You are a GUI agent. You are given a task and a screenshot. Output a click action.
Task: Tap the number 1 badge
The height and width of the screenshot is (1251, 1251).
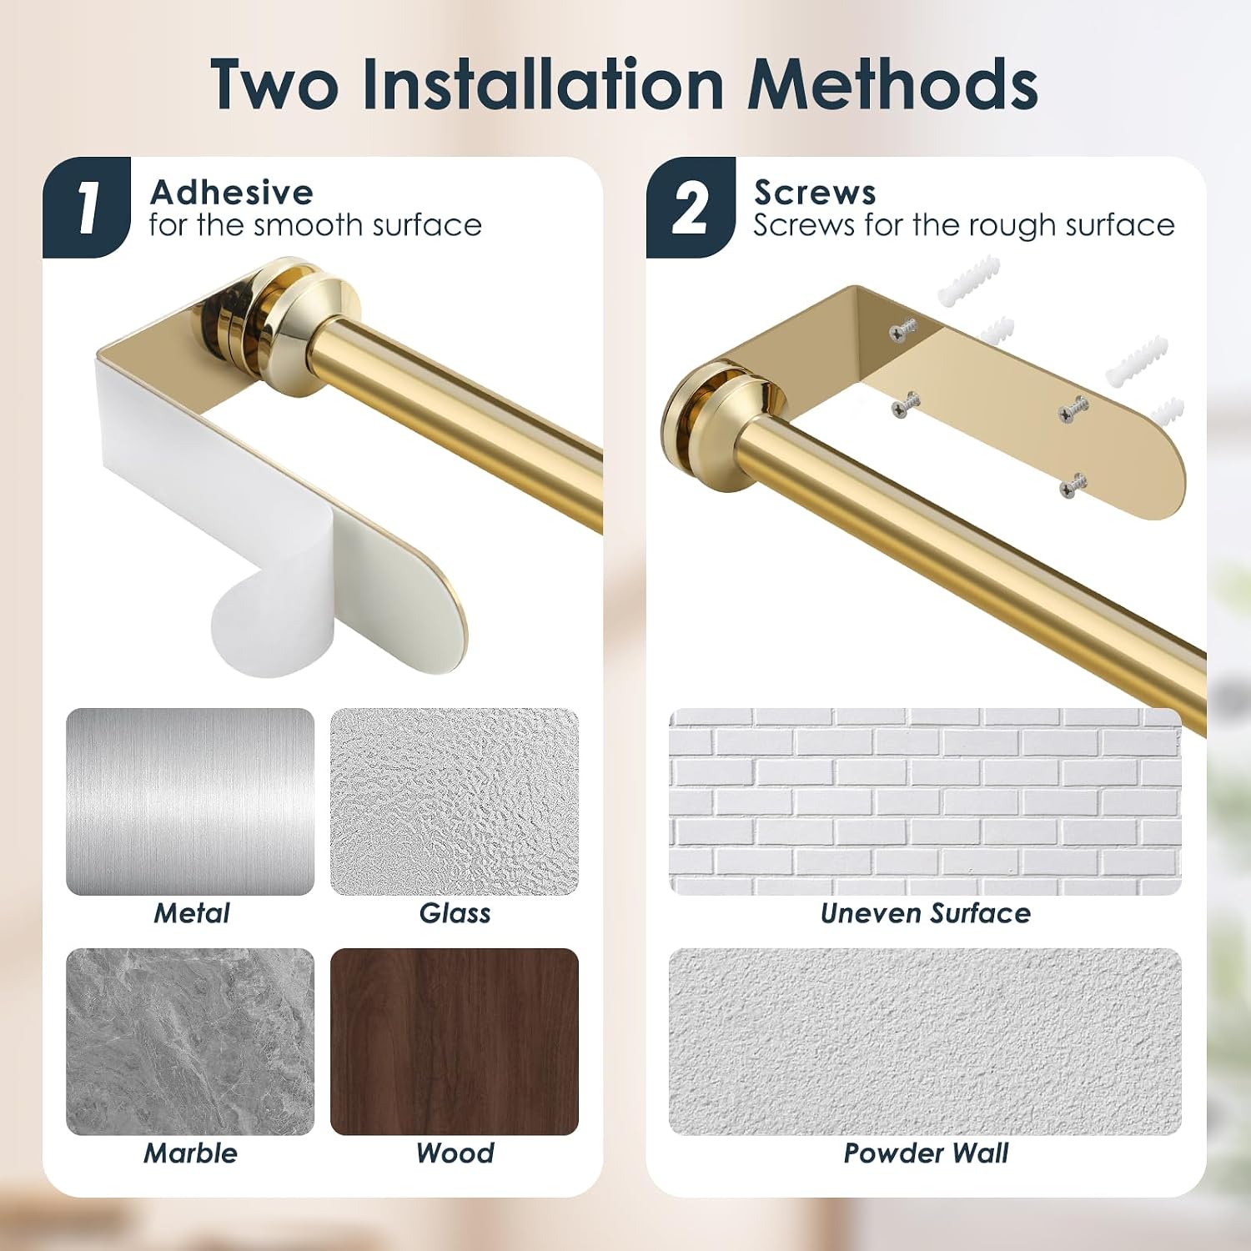tap(87, 207)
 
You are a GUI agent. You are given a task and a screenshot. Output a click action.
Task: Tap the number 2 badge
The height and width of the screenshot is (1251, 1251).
tap(691, 207)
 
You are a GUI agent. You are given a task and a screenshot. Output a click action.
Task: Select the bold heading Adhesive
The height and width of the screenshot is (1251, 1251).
tap(232, 193)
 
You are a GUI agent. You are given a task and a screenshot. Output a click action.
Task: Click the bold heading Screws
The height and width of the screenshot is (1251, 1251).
tap(815, 193)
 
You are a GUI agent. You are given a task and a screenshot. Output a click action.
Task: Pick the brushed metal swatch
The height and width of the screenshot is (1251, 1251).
tap(190, 802)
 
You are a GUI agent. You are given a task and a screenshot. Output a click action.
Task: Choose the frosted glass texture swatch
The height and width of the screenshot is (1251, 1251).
tap(455, 802)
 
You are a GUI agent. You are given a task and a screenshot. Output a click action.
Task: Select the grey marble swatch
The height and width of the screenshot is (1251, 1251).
tap(190, 1042)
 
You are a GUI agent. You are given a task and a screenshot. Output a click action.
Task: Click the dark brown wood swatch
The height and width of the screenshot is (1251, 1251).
tap(455, 1042)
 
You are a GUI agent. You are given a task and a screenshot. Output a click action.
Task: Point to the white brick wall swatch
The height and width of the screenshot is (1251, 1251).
tap(925, 802)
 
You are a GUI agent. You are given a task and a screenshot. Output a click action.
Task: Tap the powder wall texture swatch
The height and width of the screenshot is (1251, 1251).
tap(925, 1042)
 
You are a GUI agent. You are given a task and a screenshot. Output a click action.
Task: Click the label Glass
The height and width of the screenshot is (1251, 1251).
tap(455, 913)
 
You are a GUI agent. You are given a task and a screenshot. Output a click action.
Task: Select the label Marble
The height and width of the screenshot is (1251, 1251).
tap(191, 1153)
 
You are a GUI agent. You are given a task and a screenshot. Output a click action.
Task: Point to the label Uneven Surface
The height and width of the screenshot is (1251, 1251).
tap(926, 913)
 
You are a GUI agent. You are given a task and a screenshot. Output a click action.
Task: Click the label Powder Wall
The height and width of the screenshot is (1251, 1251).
tap(926, 1153)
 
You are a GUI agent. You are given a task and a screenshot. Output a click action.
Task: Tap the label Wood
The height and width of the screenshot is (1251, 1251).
tap(455, 1153)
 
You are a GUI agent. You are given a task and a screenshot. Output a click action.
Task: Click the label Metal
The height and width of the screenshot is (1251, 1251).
tap(192, 913)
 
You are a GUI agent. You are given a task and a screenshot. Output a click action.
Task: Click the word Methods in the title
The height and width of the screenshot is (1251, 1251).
tap(892, 84)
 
